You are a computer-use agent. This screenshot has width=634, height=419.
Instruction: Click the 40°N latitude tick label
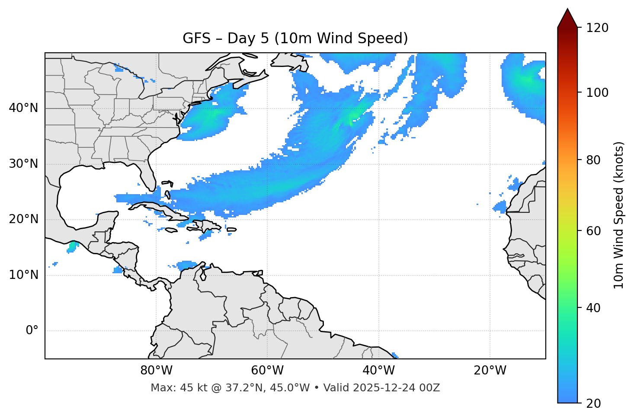23,108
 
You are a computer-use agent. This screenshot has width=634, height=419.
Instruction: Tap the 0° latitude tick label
32,331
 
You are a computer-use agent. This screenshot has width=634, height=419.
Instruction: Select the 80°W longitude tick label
156,371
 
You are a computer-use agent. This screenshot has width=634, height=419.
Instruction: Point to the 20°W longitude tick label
490,371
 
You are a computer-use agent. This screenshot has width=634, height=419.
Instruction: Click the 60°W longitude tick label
267,371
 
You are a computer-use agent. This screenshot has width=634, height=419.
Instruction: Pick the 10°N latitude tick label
23,275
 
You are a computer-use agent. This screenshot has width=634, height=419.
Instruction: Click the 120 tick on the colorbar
597,28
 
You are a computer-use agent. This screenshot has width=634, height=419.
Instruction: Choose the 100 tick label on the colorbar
597,93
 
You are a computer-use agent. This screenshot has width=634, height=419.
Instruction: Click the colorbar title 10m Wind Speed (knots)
619,215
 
